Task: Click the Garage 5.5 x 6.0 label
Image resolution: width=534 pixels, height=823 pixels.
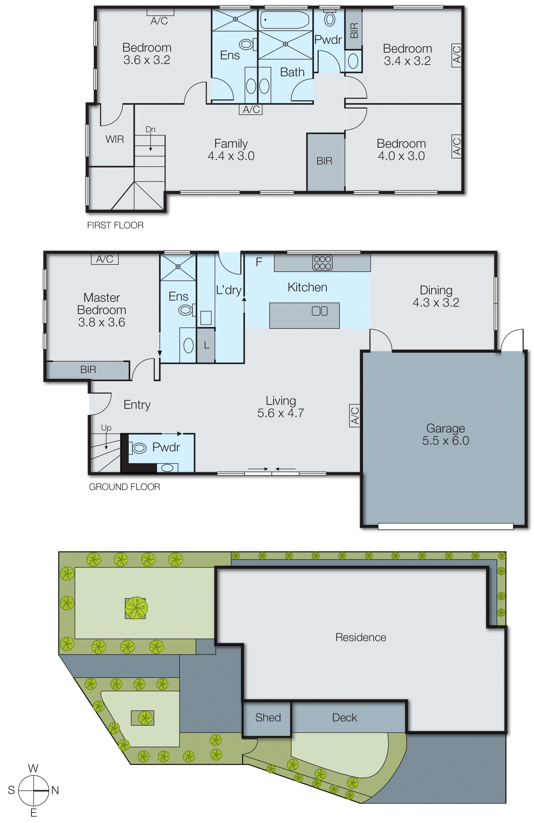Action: click(445, 434)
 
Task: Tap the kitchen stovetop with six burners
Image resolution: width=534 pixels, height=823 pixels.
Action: click(322, 262)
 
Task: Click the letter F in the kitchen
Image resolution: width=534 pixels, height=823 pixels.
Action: click(259, 262)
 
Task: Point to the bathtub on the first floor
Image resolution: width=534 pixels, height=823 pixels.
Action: click(284, 20)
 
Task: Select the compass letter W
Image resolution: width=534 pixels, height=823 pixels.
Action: click(33, 768)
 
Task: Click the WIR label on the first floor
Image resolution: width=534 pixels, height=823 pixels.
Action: click(114, 139)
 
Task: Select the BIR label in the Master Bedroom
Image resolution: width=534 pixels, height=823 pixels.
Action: click(88, 370)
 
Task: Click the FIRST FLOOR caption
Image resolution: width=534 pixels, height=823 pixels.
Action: click(115, 225)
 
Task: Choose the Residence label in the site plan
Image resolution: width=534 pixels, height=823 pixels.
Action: click(360, 637)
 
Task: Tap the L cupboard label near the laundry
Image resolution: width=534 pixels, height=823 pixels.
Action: click(206, 345)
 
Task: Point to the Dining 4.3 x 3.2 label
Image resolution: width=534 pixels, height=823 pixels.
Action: click(436, 296)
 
